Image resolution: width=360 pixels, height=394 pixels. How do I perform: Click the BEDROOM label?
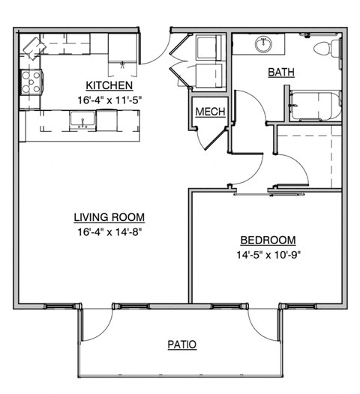pyautogui.click(x=268, y=240)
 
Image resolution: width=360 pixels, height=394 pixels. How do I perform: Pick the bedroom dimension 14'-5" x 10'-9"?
pyautogui.click(x=268, y=254)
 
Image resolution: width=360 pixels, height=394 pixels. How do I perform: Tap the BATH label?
pyautogui.click(x=280, y=73)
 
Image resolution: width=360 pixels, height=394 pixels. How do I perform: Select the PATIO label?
pyautogui.click(x=181, y=345)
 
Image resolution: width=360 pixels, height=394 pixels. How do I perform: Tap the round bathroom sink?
pyautogui.click(x=264, y=44)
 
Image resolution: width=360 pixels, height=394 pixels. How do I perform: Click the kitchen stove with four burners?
pyautogui.click(x=31, y=81)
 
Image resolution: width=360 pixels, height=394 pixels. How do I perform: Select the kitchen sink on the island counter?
pyautogui.click(x=81, y=119)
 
